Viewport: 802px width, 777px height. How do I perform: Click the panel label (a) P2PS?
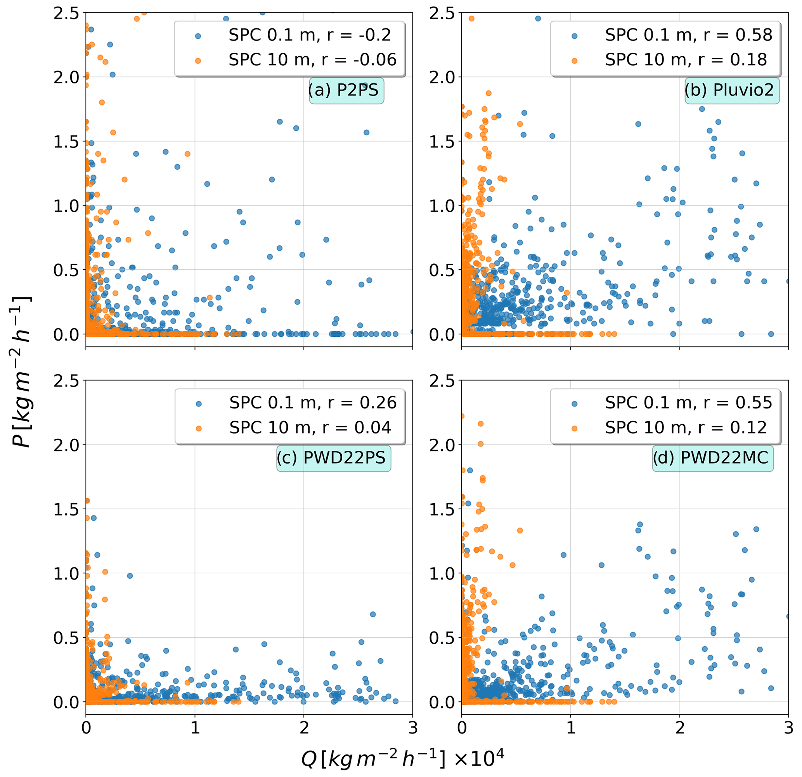[346, 90]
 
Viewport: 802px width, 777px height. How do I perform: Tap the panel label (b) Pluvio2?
[732, 90]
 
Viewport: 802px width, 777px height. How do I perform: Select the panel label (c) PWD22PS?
[333, 458]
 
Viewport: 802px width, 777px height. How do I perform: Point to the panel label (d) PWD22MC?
[712, 458]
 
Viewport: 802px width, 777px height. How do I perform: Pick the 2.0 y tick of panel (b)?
[442, 77]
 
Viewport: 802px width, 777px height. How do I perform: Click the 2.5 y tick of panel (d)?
[442, 381]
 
